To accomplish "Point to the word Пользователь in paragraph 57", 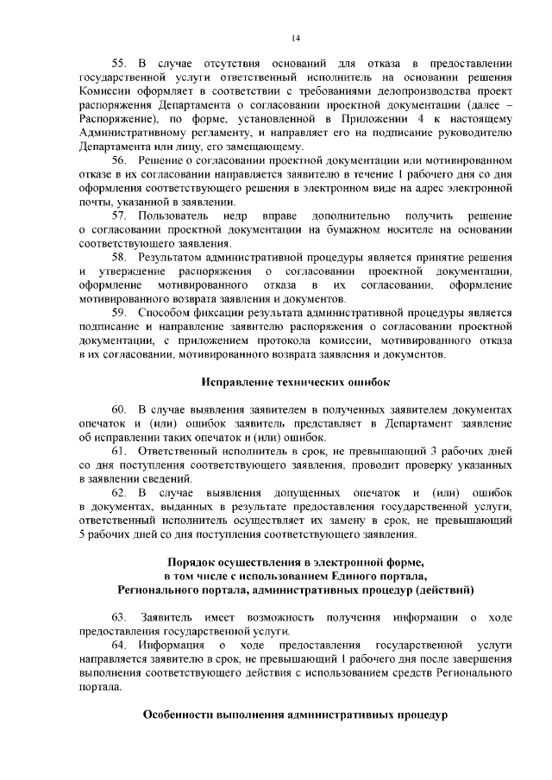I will point(174,214).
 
